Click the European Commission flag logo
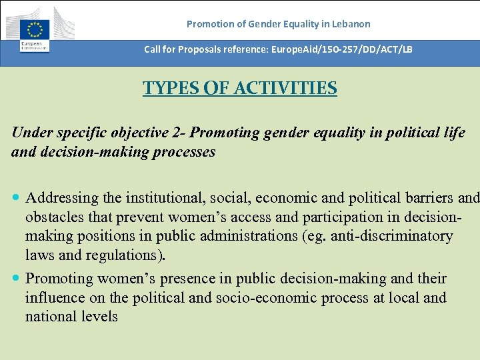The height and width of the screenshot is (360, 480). point(34,30)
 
